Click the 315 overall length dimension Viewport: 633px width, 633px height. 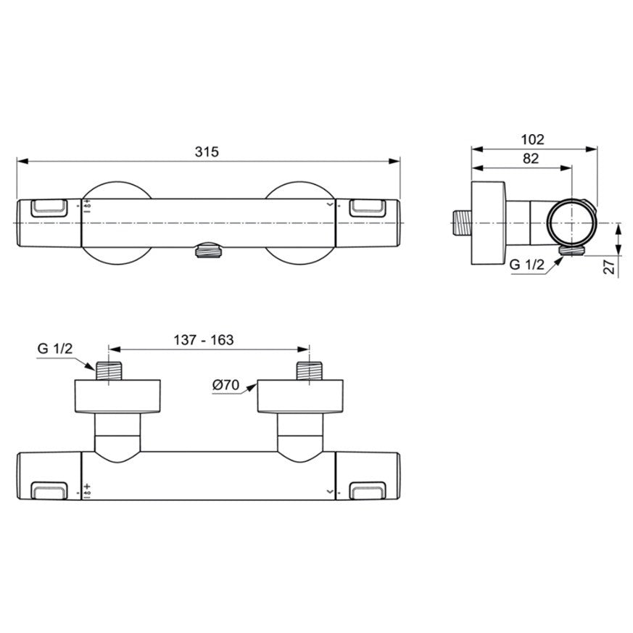(x=207, y=152)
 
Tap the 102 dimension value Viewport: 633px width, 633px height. (x=532, y=139)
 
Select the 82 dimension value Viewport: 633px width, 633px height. (x=531, y=158)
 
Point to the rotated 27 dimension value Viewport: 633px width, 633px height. (x=609, y=267)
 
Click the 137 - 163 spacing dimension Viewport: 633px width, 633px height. (x=204, y=340)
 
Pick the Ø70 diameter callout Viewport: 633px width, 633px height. (x=226, y=385)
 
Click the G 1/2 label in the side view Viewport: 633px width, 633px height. (x=527, y=265)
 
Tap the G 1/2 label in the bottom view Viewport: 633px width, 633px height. (x=55, y=348)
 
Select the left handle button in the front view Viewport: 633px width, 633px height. (x=49, y=208)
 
